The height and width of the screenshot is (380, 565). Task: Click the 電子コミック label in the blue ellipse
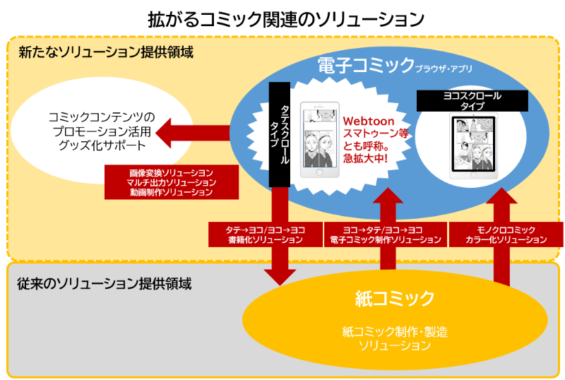tap(366, 66)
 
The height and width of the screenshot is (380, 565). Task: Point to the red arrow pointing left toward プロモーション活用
tap(191, 132)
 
